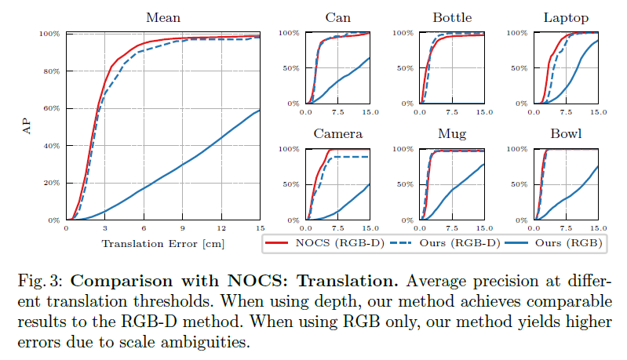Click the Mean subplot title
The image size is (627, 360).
(x=163, y=17)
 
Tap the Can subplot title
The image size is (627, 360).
(x=338, y=17)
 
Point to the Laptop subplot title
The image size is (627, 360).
(x=566, y=17)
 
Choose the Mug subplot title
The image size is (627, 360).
(x=452, y=133)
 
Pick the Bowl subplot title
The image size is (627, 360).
(x=566, y=133)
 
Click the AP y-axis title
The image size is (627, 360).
(x=24, y=127)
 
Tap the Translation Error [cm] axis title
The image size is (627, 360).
(x=163, y=244)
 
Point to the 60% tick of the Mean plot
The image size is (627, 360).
(x=51, y=108)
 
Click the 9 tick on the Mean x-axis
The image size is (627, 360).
(x=182, y=228)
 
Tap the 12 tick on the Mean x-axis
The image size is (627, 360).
(x=221, y=228)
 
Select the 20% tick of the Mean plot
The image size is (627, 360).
(x=51, y=183)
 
